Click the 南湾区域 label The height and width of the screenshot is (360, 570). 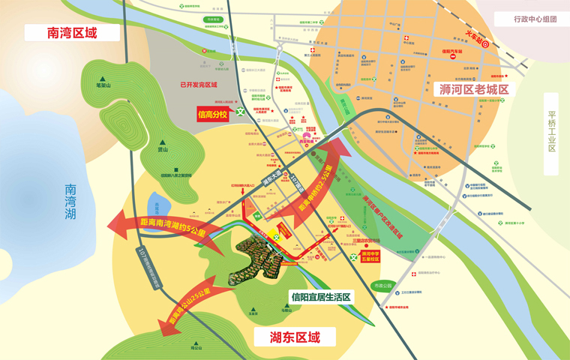coord(72,33)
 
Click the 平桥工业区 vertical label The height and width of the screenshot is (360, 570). coord(551,133)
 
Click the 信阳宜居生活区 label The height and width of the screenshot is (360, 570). coord(322,296)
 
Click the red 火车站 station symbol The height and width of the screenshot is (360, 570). coord(485,44)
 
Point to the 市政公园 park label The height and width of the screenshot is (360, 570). coord(383,286)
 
